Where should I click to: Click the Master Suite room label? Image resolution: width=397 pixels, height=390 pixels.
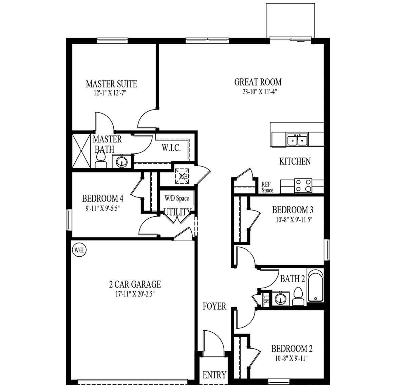[x=111, y=83]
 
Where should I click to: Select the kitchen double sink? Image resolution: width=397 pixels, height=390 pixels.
[x=297, y=139]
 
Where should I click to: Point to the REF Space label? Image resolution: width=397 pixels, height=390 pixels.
[x=267, y=188]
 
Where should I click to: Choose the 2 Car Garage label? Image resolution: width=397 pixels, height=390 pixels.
[x=133, y=284]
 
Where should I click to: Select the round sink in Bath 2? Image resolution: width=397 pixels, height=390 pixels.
[x=280, y=299]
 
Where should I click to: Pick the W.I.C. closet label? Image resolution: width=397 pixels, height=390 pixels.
[x=168, y=148]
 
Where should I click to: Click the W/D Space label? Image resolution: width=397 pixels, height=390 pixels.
[x=177, y=198]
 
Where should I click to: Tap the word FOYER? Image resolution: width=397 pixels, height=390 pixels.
[x=214, y=306]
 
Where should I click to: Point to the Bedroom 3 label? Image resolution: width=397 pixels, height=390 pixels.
[x=292, y=210]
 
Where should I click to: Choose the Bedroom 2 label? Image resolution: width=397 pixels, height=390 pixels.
[x=292, y=348]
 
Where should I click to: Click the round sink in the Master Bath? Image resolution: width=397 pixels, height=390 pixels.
[x=121, y=162]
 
